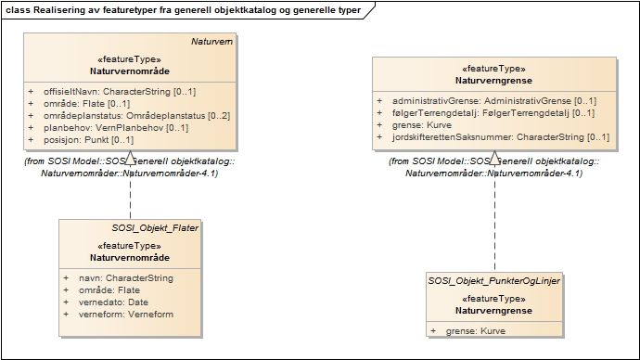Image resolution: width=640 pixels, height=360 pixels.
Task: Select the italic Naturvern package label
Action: pos(211,42)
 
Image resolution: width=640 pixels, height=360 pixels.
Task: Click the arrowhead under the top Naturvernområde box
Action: pos(130,155)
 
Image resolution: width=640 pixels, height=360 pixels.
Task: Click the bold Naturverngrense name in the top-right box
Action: pos(493,80)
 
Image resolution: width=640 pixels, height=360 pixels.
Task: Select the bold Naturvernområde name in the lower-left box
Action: pos(130,257)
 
